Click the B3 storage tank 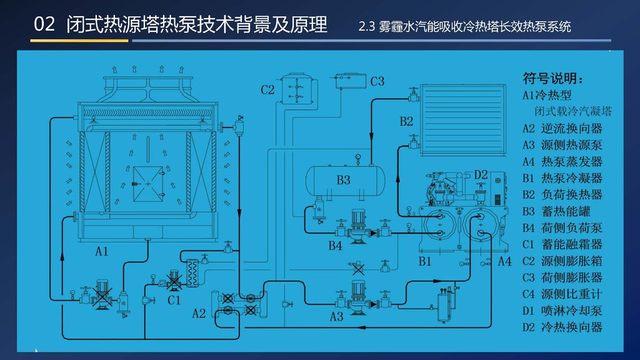tap(345, 180)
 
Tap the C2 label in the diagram tap(267, 90)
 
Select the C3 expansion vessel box tap(351, 81)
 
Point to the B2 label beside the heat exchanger tap(406, 121)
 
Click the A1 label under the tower tap(102, 251)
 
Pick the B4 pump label tap(335, 246)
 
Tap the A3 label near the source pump tap(336, 316)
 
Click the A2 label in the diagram tap(199, 314)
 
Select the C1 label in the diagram tap(174, 301)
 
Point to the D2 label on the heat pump tap(481, 175)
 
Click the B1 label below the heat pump tap(425, 261)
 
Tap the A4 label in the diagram tap(504, 261)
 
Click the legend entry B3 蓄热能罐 tap(562, 211)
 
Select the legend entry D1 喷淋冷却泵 tap(562, 311)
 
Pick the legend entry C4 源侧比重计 tap(562, 294)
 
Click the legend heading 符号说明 tap(553, 78)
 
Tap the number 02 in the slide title tap(44, 24)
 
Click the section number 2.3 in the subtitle tap(366, 27)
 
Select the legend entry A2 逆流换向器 tap(562, 129)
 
